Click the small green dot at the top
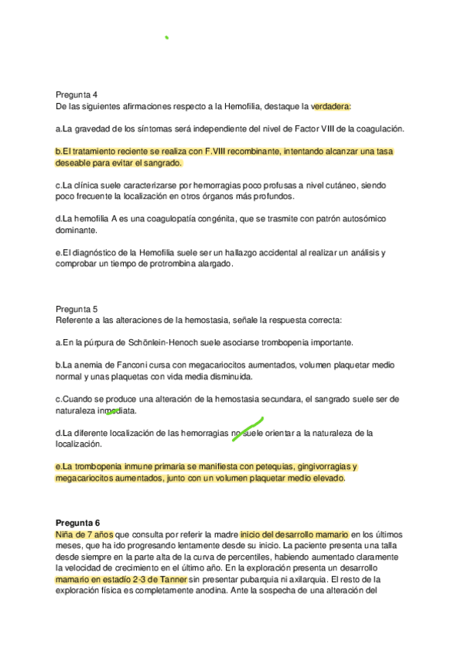coord(167,36)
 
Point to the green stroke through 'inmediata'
coord(113,412)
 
